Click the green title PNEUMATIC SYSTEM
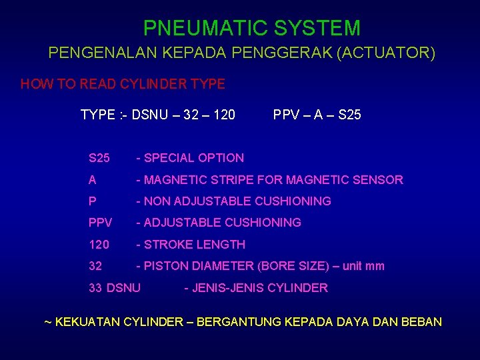252,28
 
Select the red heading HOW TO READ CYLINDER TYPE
123,85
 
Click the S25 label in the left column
99,158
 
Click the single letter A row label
93,179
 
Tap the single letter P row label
93,201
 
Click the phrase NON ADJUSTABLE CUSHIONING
237,201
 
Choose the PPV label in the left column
101,223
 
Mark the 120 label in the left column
99,245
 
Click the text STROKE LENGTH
195,245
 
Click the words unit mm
363,266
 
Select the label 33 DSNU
115,288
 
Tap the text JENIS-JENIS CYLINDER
259,288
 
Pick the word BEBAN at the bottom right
422,322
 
